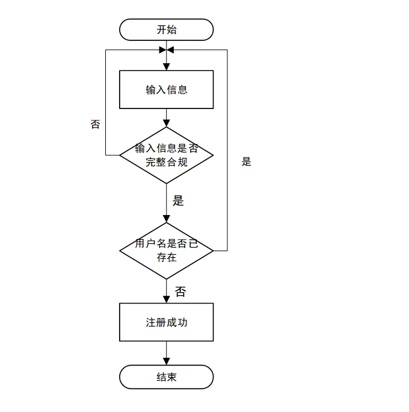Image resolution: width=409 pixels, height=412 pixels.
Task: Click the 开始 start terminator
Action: (167, 30)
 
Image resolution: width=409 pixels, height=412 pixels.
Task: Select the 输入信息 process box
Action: (167, 90)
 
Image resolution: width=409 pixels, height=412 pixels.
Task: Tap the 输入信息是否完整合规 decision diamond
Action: (167, 155)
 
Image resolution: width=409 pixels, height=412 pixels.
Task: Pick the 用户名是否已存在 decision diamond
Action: (167, 251)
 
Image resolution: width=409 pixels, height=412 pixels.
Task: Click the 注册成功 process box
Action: (167, 322)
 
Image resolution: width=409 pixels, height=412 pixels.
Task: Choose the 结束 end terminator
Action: (167, 377)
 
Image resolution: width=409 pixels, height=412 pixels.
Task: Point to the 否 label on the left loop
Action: (95, 125)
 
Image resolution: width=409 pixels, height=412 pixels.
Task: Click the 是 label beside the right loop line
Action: (246, 161)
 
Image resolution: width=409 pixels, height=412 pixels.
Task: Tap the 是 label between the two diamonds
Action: (178, 201)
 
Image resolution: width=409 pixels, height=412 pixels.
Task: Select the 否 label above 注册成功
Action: (180, 292)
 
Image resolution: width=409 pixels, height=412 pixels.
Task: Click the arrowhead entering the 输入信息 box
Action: (167, 67)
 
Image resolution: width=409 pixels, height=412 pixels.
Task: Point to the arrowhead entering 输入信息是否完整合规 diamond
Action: (167, 123)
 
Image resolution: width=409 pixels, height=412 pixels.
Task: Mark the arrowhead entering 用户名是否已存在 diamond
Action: (167, 219)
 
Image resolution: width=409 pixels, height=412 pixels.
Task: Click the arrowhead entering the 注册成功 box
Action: (167, 299)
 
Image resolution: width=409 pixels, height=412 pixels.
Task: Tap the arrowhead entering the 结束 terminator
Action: (167, 361)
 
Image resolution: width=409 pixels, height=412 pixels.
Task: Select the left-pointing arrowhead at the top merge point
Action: (171, 49)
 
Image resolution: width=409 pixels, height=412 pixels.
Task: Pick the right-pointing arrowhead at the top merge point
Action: (162, 49)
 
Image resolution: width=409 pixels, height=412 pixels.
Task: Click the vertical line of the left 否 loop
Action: (106, 102)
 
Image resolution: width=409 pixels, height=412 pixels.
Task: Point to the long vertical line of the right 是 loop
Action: (228, 151)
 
